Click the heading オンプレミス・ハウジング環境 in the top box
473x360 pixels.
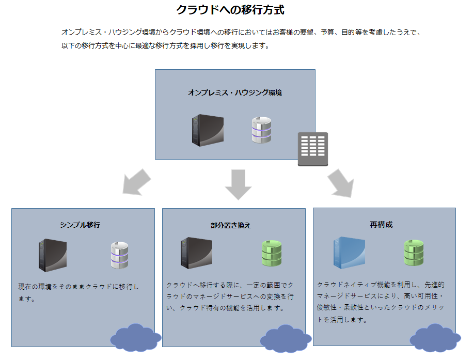tap(235, 93)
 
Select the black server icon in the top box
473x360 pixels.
tap(208, 129)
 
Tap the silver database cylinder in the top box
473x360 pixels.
tap(261, 130)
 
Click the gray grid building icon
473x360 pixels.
tap(312, 149)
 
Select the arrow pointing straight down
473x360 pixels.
tap(238, 184)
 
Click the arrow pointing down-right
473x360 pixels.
tap(341, 183)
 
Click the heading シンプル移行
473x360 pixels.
tap(80, 225)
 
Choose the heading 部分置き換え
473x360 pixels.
tap(231, 225)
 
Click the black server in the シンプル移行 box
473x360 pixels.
tap(52, 255)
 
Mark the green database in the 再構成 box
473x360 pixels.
tap(414, 253)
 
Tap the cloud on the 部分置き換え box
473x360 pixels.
tap(285, 338)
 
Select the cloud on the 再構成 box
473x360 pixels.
tap(434, 338)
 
